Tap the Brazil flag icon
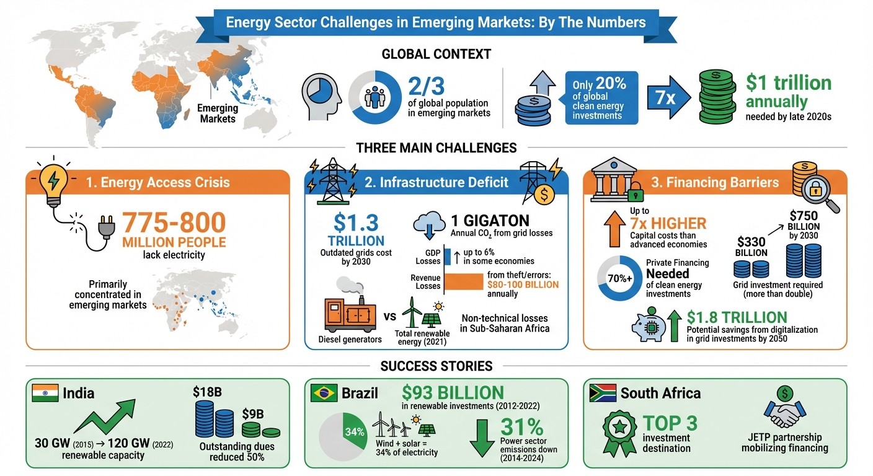(x=324, y=393)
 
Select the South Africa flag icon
(x=601, y=393)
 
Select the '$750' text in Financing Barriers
(x=804, y=216)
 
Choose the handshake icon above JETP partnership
(x=784, y=411)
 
